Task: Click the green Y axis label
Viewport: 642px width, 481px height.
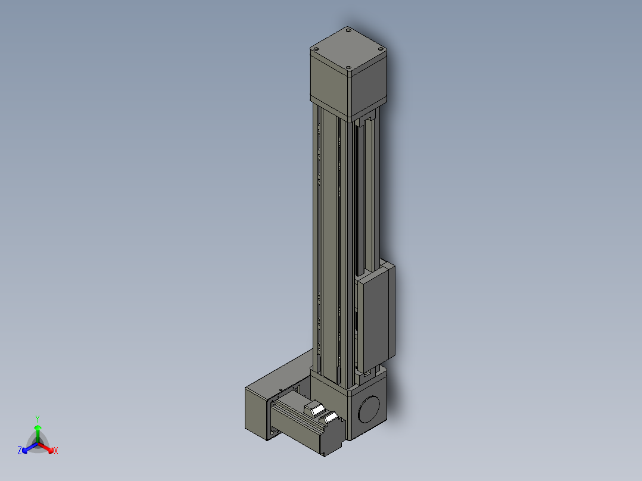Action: click(x=38, y=418)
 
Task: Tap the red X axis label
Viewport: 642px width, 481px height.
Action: click(x=56, y=451)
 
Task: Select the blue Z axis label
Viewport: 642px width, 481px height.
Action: click(x=20, y=450)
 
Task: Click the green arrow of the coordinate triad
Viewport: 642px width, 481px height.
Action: click(x=38, y=433)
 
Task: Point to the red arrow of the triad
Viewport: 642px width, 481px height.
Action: click(x=46, y=448)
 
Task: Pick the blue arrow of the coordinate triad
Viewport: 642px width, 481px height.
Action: click(x=30, y=448)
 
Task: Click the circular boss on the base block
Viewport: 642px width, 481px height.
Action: click(x=369, y=410)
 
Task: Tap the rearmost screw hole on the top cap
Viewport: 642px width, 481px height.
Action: click(x=348, y=30)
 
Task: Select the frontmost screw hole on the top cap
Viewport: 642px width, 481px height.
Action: click(x=348, y=67)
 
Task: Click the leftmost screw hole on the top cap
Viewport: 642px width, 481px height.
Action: click(x=315, y=49)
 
